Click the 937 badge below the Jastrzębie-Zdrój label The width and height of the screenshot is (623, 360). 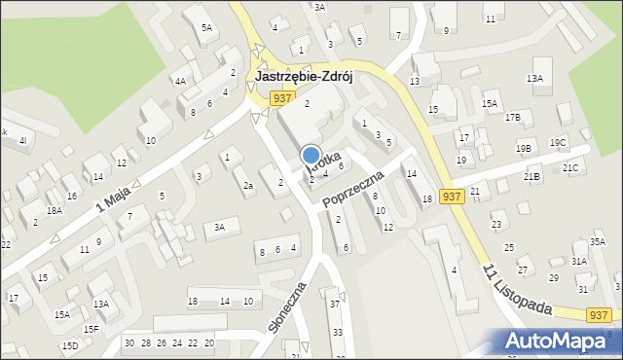click(282, 97)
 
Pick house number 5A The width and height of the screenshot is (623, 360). click(206, 28)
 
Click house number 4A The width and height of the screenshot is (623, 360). click(180, 82)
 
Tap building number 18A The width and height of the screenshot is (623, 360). click(55, 210)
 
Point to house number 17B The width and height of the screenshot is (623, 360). click(512, 118)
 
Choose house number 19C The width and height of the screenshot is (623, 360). click(558, 143)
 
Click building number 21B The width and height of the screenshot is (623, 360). click(531, 177)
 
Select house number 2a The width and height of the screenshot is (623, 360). click(248, 186)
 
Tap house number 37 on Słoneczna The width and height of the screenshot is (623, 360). click(334, 305)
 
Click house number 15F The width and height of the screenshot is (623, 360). click(91, 329)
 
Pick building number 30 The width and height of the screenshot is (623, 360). click(129, 342)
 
